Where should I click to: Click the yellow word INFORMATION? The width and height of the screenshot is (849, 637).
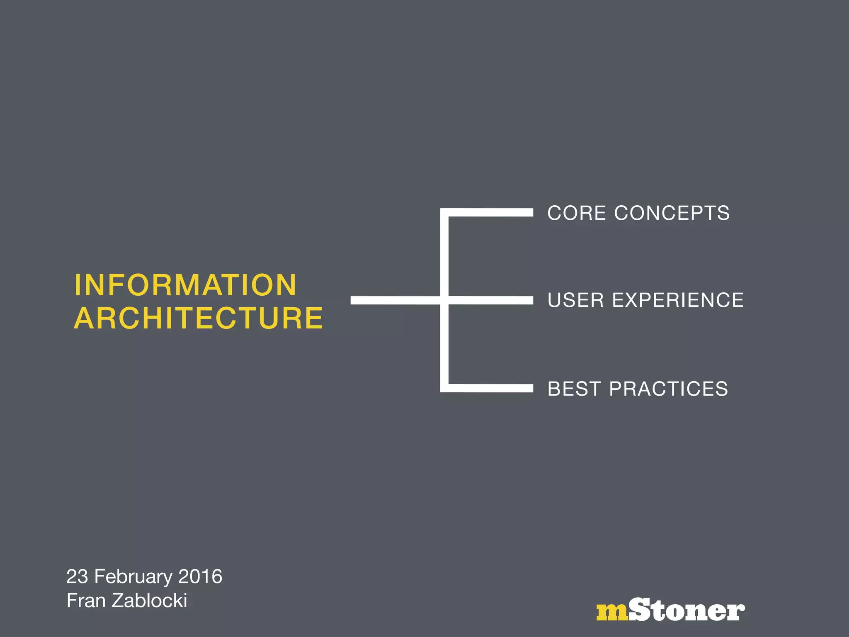point(185,285)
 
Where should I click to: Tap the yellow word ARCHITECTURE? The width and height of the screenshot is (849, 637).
point(198,318)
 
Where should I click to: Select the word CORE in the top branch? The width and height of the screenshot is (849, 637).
point(577,213)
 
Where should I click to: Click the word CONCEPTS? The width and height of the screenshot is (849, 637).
point(672,213)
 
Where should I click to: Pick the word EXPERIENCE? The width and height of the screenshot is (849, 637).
point(678,300)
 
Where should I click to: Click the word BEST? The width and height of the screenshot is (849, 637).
point(574,389)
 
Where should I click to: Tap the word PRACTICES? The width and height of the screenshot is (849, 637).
point(668,389)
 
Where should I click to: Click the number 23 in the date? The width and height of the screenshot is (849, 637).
point(78,576)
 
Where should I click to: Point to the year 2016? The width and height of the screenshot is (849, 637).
point(200,576)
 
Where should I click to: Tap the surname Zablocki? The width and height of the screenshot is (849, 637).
point(150,601)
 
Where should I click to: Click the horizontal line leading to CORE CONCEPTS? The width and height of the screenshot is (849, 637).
point(489,212)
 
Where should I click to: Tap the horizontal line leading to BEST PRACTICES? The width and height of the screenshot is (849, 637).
point(489,388)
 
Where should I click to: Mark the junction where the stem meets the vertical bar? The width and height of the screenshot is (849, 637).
point(444,300)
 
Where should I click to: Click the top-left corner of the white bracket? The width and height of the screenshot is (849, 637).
point(444,212)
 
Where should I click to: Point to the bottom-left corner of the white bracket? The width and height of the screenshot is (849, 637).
point(444,388)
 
